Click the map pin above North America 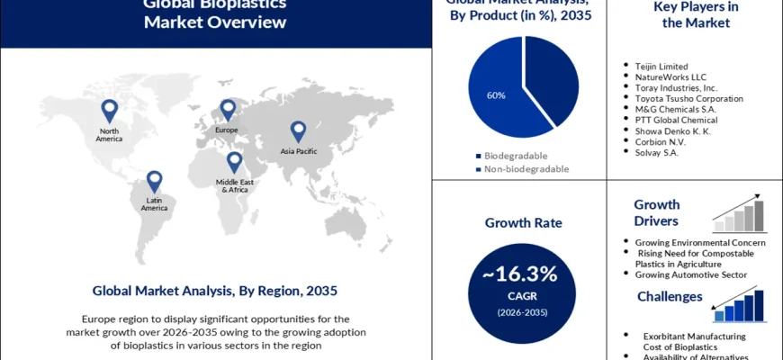point(109,110)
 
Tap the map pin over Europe point(228,110)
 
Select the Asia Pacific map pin point(297,132)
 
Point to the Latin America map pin point(154,181)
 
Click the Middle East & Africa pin point(234,162)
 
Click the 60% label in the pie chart point(496,94)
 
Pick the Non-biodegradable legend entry point(522,168)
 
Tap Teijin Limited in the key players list point(661,66)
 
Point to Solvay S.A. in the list point(656,152)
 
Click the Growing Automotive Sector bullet point(690,274)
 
